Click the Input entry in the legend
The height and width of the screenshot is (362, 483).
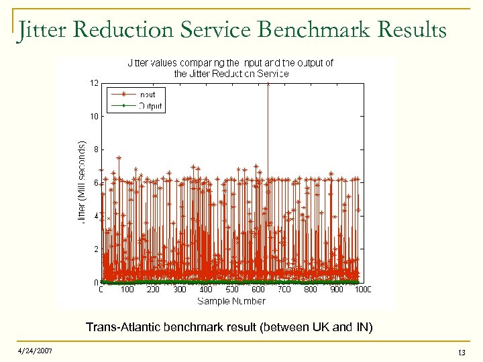[x=147, y=95]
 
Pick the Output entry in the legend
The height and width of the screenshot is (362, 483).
[x=150, y=106]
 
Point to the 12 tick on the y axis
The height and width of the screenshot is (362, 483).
[x=94, y=83]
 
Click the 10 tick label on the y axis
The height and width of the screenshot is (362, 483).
[x=94, y=117]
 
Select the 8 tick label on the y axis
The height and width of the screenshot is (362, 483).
[x=95, y=149]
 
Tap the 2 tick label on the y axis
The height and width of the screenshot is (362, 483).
[x=95, y=249]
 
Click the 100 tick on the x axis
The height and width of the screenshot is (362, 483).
[x=127, y=290]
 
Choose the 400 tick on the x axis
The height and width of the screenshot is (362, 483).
[x=205, y=290]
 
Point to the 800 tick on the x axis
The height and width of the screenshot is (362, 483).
[x=311, y=290]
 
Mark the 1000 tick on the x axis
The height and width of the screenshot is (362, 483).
[x=362, y=290]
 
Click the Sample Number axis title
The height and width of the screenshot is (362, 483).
[x=231, y=301]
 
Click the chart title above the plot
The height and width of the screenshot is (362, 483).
[x=231, y=68]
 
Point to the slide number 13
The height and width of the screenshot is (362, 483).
[x=461, y=353]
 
